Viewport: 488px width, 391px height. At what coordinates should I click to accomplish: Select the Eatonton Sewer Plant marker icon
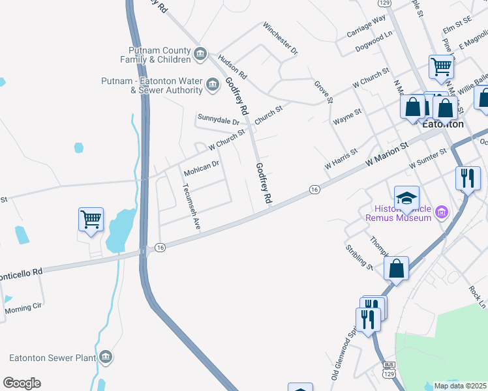point(106,358)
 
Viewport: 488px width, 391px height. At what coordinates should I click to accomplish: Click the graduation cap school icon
point(406,197)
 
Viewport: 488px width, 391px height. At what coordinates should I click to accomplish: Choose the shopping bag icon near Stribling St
point(396,268)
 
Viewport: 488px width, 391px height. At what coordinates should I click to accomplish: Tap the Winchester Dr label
point(281,38)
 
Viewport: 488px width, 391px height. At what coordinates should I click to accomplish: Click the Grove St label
point(324,93)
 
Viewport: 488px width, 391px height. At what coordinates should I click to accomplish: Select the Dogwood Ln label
point(374,46)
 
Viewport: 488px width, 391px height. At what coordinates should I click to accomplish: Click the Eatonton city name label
point(443,124)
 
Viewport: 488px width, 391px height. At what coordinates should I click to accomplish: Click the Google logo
point(22,383)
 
